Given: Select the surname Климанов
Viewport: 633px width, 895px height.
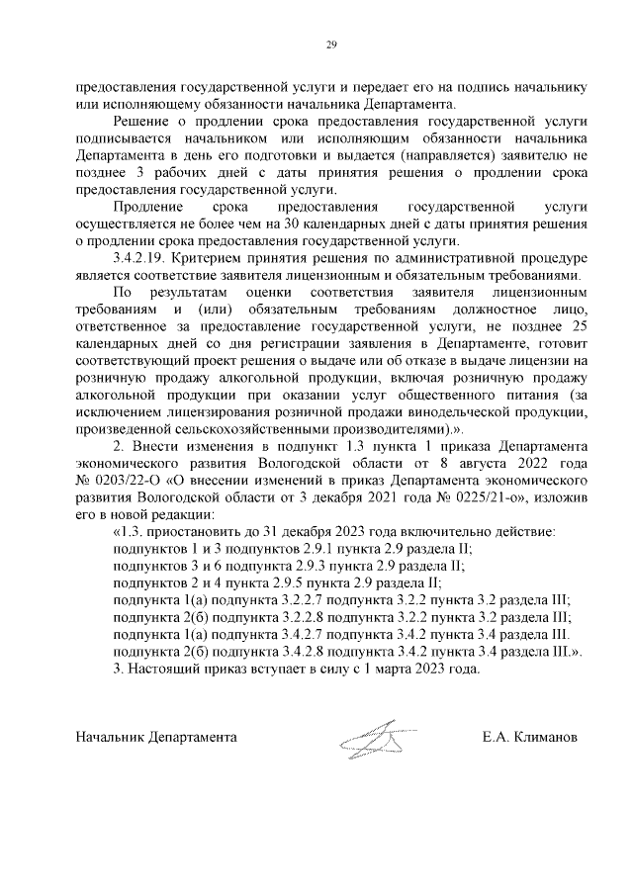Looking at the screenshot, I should click(x=544, y=738).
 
